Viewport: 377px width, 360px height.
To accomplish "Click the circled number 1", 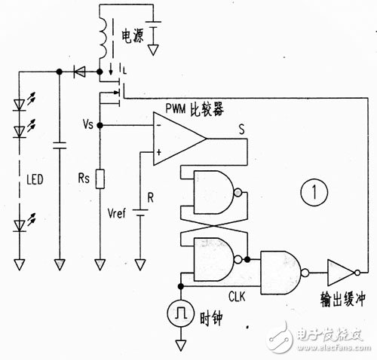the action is tap(314, 192).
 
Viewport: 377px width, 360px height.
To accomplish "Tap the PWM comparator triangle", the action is tap(176, 139).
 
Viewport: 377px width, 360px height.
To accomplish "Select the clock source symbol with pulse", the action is tap(180, 313).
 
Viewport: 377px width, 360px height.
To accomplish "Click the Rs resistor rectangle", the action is tap(100, 179).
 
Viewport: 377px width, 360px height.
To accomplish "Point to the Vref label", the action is tap(116, 214).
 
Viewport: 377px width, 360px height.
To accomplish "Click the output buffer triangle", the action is tap(342, 273).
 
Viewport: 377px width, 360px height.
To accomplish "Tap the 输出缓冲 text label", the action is tap(342, 299).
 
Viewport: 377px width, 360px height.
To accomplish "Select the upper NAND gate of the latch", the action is tap(216, 193).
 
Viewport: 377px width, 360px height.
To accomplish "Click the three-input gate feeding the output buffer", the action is tap(284, 273).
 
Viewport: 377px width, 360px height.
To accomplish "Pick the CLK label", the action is tap(237, 297).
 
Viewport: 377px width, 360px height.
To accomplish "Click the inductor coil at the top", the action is tap(103, 38).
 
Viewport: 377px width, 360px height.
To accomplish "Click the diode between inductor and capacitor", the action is tap(79, 72).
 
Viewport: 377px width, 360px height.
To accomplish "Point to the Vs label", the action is tap(88, 124).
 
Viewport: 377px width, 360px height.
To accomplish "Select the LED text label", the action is tap(35, 179).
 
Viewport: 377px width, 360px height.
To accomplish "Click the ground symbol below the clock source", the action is tap(180, 345).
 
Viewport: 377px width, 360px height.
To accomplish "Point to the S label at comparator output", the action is tap(241, 130).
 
